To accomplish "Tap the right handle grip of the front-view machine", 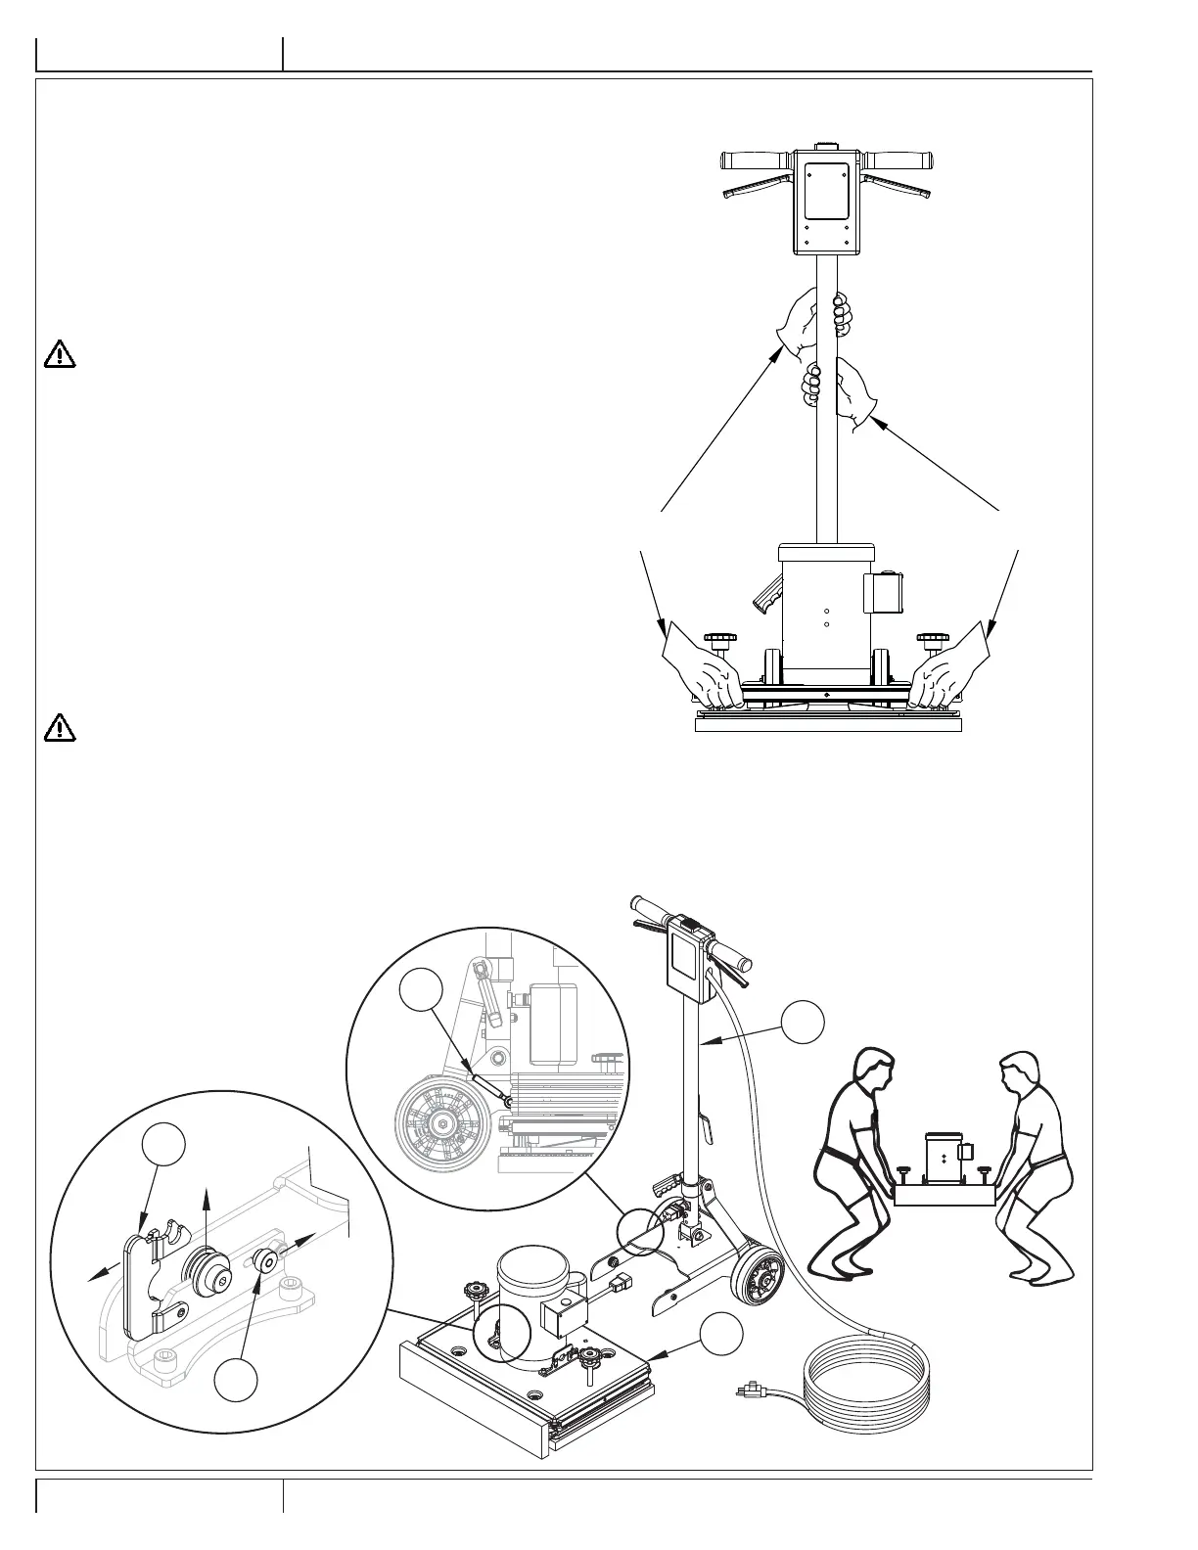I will coord(899,160).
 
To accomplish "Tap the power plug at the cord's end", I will coord(752,1389).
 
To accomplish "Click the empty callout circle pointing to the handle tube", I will coord(803,1022).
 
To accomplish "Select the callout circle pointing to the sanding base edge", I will coord(720,1337).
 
